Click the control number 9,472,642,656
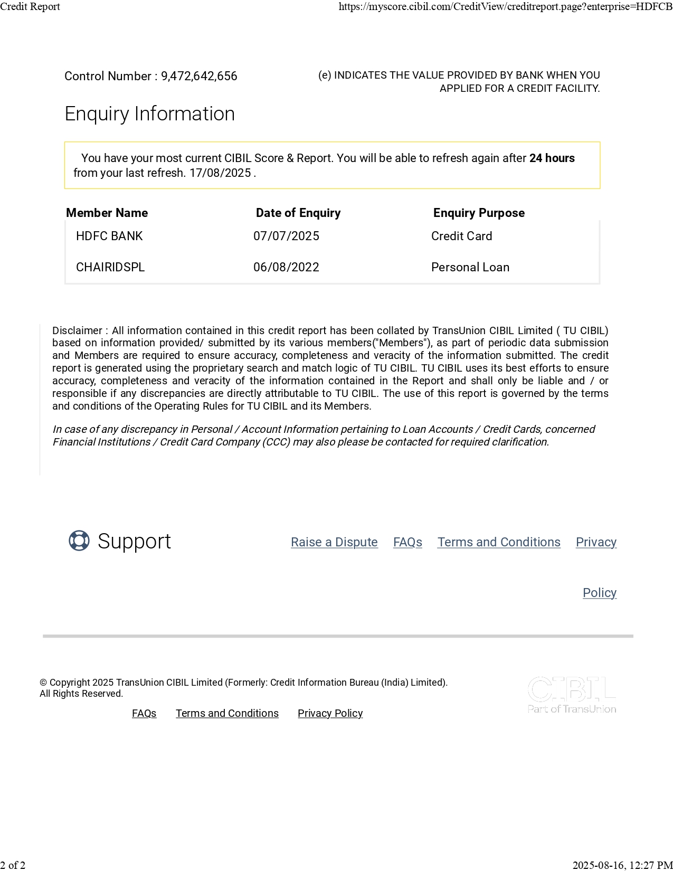199,77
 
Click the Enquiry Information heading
149,114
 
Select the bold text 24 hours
552,158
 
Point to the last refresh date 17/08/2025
220,173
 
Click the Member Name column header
107,213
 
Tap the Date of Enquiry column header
298,213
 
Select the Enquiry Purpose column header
479,213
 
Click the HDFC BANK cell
109,236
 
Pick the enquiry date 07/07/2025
286,236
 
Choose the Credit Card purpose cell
461,236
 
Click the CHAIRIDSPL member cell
110,268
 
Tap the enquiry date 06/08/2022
286,268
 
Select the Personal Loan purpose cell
470,268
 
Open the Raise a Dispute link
334,543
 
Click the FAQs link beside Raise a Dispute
407,543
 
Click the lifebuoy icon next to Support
79,541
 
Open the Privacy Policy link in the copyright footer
330,714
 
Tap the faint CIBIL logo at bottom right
572,695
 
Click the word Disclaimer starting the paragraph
77,331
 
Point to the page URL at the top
505,7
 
